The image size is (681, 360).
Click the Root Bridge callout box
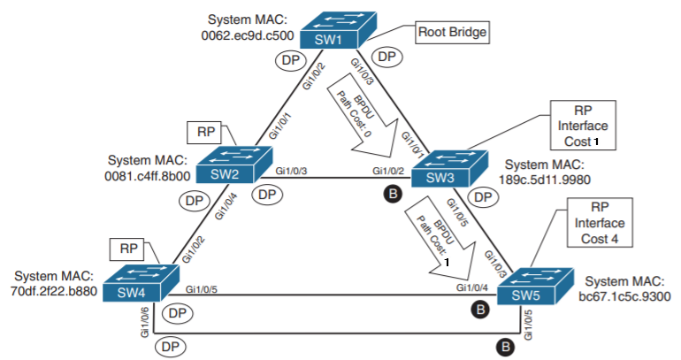click(x=452, y=34)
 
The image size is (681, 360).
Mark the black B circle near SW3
click(x=390, y=192)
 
